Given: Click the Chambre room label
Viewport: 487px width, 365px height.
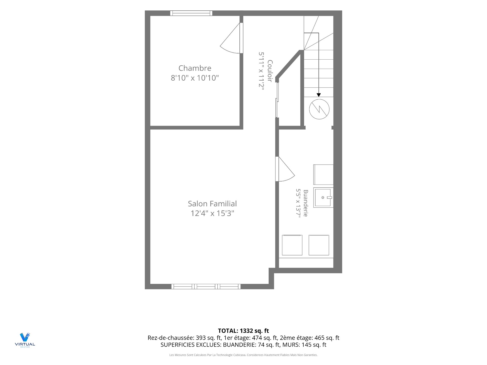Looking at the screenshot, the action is [195, 68].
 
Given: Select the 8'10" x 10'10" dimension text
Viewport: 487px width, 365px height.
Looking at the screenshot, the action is [195, 78].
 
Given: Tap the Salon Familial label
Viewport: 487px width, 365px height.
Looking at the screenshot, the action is [212, 204].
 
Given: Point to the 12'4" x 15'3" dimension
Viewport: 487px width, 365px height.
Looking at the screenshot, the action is [212, 213].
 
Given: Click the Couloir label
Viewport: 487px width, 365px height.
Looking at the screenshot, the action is [270, 71].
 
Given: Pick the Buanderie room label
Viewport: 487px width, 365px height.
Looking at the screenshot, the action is [306, 203].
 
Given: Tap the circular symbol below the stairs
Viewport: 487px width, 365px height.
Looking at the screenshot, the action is [319, 109].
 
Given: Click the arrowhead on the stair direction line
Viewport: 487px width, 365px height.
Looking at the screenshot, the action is [319, 95].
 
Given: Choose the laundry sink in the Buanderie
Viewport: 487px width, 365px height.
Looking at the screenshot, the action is [323, 198].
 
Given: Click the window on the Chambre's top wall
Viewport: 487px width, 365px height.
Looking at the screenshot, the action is [191, 13].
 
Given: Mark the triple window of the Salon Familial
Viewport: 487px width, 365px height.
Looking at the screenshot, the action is [206, 287].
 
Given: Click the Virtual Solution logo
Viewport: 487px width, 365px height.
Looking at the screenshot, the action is [25, 340].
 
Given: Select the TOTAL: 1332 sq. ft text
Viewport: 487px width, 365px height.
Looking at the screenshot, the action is [243, 331].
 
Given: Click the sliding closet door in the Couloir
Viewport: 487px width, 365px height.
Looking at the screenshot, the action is [277, 100].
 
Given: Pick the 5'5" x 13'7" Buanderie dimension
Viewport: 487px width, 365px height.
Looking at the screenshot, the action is [298, 203].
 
